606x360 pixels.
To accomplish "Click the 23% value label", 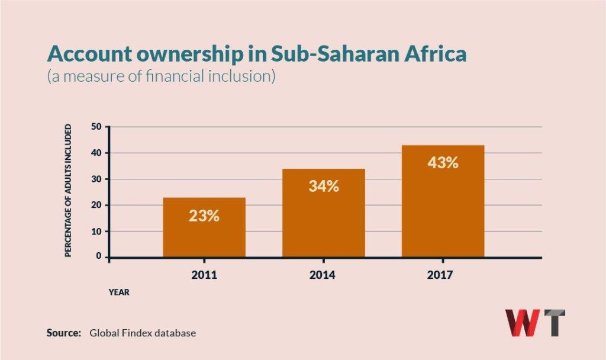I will (204, 216).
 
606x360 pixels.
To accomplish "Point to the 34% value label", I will (324, 186).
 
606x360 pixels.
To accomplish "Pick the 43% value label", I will (443, 162).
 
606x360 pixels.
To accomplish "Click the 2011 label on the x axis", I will (204, 275).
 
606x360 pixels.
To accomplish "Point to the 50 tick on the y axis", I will (96, 127).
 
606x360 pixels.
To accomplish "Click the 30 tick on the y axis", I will (96, 179).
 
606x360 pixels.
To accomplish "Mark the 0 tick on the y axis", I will (99, 257).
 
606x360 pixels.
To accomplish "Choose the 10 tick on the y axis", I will (96, 231).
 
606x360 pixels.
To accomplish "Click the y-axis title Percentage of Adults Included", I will (68, 191).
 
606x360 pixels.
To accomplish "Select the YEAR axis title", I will (118, 292).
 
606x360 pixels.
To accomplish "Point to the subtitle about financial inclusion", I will (161, 78).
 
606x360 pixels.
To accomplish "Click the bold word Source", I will (63, 333).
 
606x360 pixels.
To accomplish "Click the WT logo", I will (534, 323).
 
